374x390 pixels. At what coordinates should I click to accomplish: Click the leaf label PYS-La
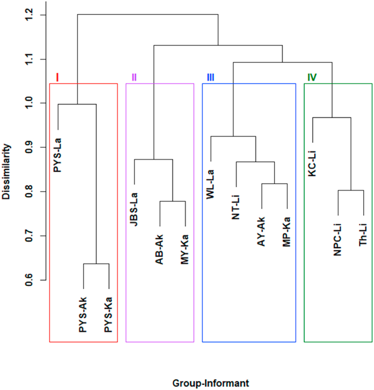[x=58, y=153]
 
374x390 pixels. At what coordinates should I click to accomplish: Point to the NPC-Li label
[x=338, y=239]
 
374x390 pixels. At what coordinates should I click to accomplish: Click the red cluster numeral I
[x=57, y=77]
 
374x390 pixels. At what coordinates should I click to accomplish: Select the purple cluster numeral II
[x=134, y=77]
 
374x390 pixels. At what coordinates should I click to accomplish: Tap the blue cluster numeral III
[x=210, y=77]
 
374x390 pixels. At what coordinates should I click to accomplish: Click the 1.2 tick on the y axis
[x=29, y=15]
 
